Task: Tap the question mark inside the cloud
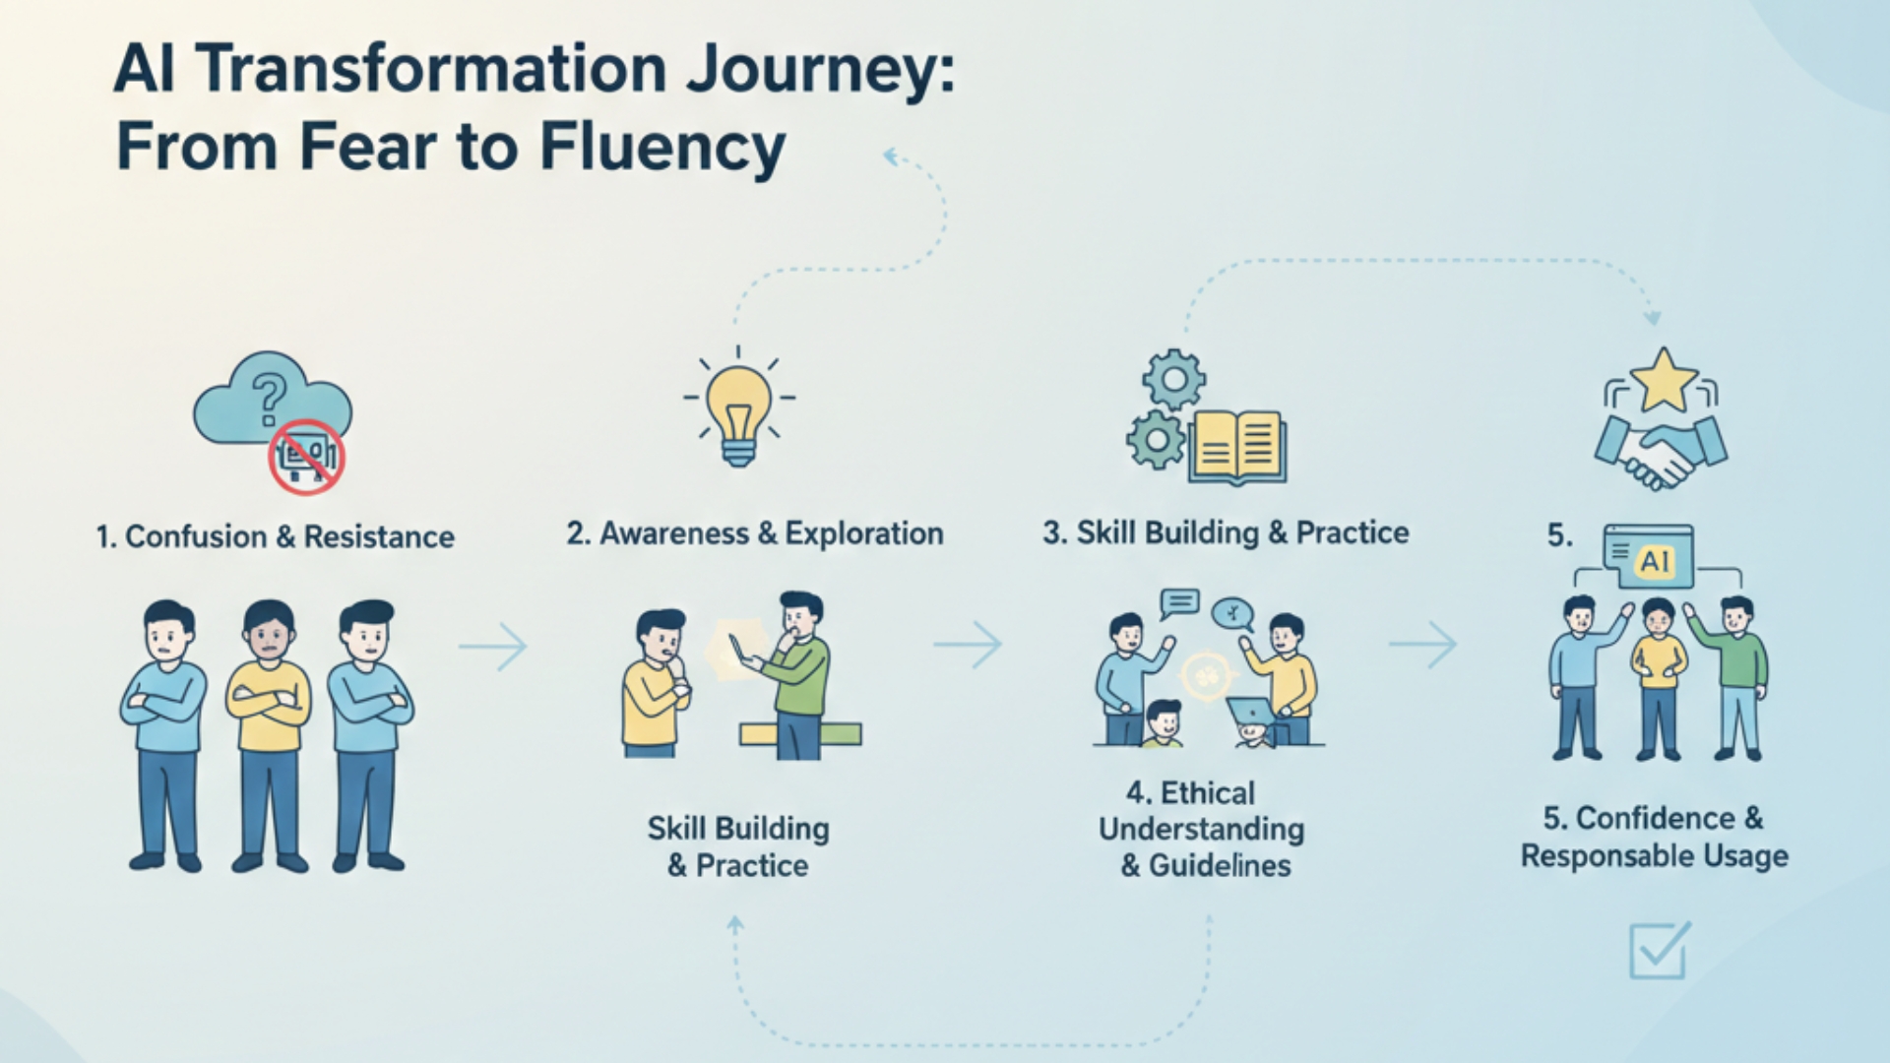click(x=269, y=400)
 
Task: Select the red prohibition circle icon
click(x=307, y=456)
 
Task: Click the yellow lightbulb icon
click(x=739, y=408)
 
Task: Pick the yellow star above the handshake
click(x=1663, y=380)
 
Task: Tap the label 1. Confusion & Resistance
click(x=276, y=537)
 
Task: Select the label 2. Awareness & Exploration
click(x=755, y=533)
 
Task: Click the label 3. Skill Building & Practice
click(x=1226, y=532)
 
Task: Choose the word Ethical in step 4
click(x=1207, y=793)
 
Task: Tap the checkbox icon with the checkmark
click(x=1659, y=951)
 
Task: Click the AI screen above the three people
click(x=1649, y=556)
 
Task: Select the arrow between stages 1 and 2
click(x=493, y=647)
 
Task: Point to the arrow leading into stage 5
click(x=1423, y=645)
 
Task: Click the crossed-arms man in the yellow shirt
click(x=269, y=733)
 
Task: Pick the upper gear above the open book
click(x=1173, y=379)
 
